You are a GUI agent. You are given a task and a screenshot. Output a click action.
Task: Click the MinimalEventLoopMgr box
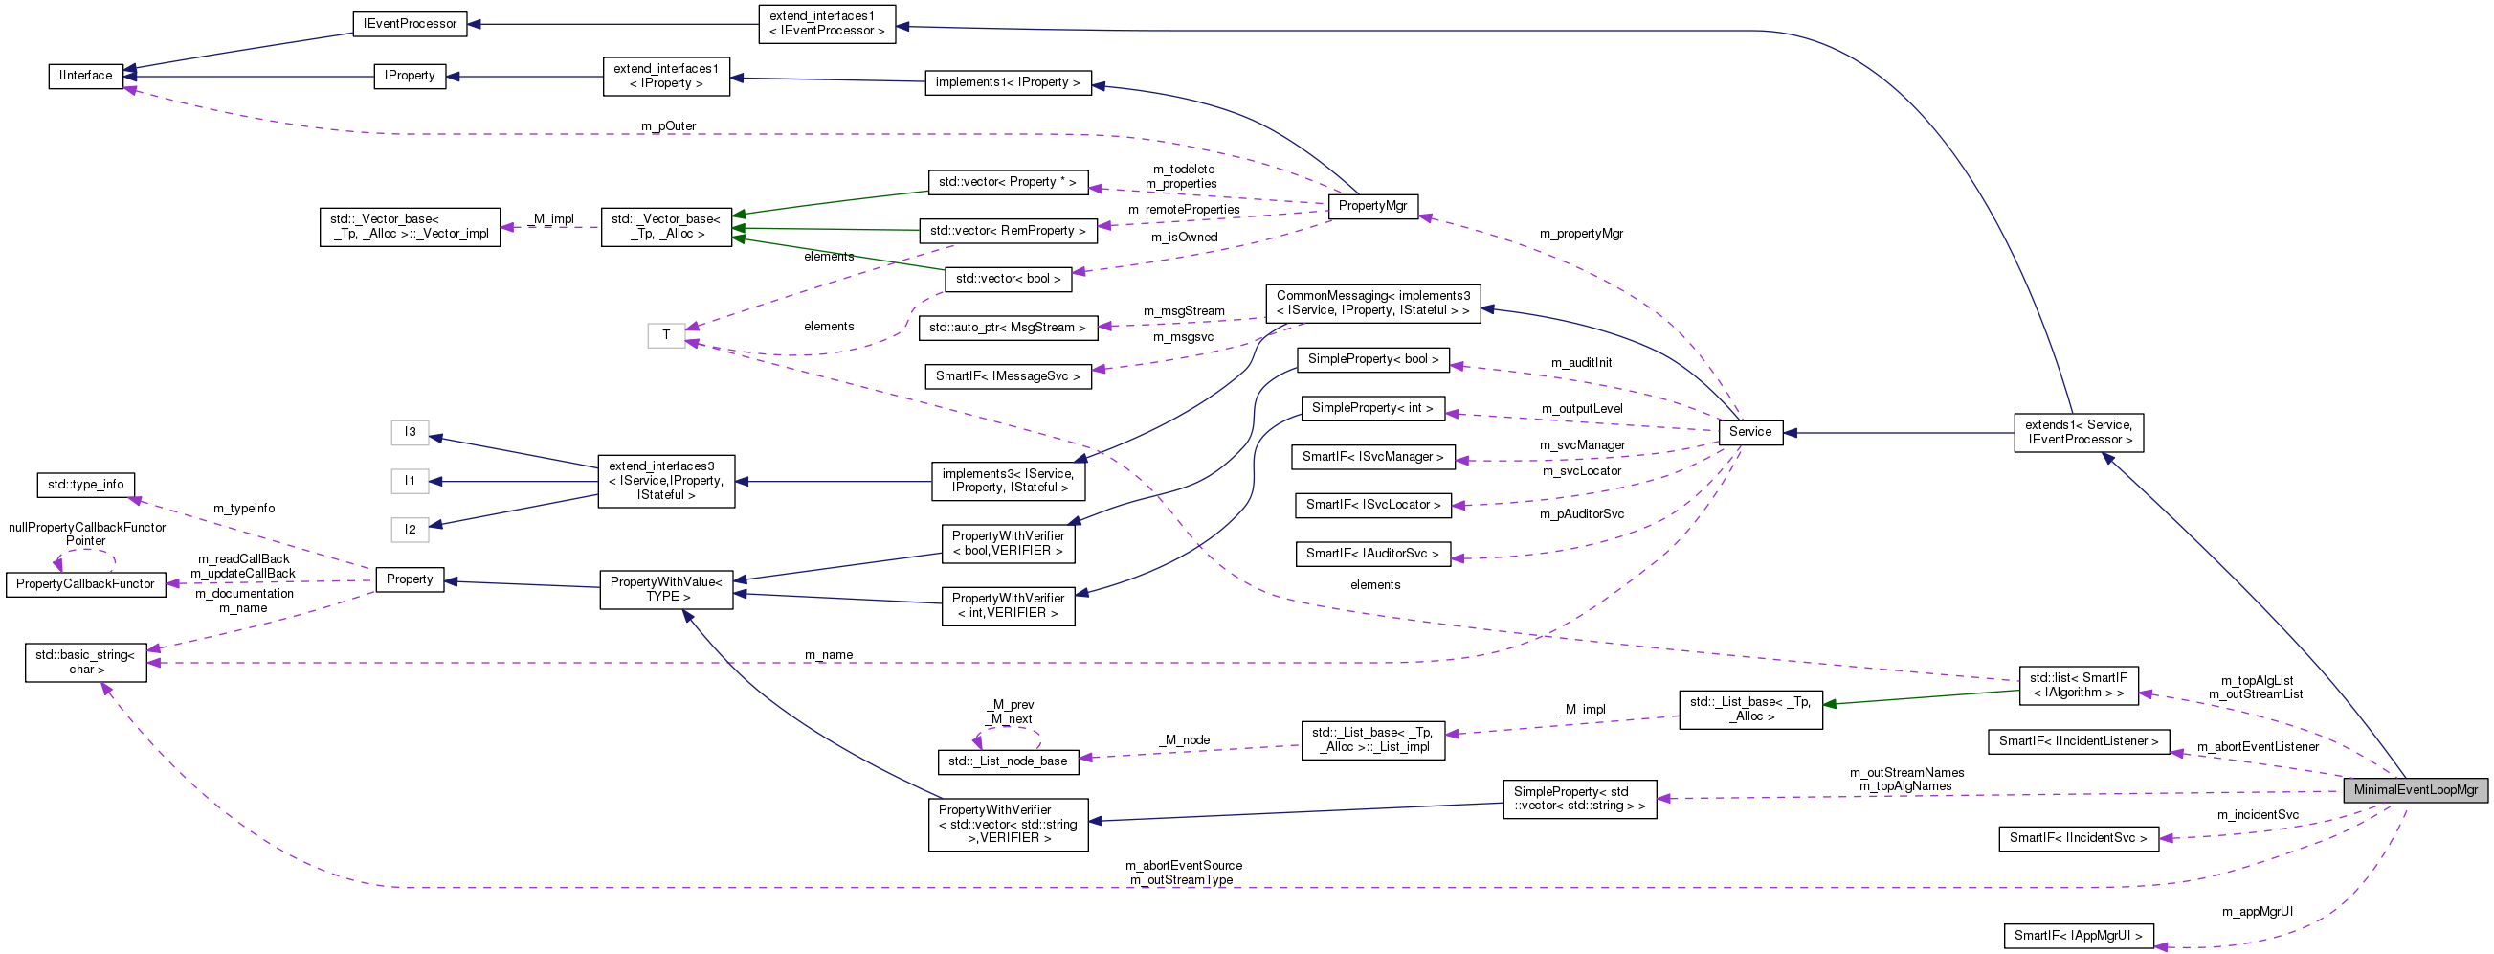[x=2415, y=789]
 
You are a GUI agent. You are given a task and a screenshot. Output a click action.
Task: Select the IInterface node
[x=86, y=76]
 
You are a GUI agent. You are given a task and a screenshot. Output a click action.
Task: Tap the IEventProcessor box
[x=410, y=24]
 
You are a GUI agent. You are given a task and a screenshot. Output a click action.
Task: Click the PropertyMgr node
[x=1373, y=206]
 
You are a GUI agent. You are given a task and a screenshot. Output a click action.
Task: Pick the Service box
[x=1749, y=432]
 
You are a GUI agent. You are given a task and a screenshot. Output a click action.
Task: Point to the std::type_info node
[x=85, y=485]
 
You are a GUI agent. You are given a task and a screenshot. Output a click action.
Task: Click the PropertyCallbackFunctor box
[x=85, y=584]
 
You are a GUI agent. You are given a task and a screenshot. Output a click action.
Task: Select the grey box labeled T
[x=666, y=335]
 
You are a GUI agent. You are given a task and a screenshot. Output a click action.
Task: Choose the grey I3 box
[x=410, y=432]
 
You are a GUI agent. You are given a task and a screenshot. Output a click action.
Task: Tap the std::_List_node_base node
[x=1007, y=761]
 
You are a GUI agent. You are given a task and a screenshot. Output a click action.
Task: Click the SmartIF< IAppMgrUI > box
[x=2078, y=936]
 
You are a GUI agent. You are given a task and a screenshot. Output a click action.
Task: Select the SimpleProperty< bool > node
[x=1372, y=359]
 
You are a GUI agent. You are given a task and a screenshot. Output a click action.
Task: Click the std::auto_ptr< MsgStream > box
[x=1007, y=328]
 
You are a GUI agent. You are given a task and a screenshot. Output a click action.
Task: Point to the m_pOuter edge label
[x=668, y=125]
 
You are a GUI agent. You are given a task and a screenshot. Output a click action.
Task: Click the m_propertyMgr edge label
[x=1581, y=234]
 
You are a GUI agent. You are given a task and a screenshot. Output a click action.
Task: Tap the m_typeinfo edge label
[x=244, y=508]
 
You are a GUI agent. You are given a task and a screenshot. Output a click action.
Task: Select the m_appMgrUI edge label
[x=2257, y=912]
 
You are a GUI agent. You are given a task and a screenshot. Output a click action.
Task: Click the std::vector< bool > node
[x=1007, y=279]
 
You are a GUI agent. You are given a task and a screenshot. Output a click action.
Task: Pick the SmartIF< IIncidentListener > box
[x=2078, y=741]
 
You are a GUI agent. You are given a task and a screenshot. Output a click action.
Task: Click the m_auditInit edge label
[x=1581, y=362]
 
